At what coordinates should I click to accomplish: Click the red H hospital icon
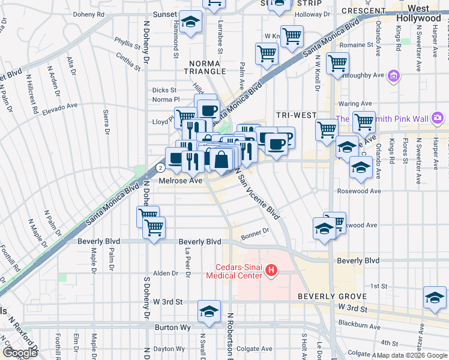(271, 271)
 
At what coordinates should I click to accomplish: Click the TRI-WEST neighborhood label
(292, 115)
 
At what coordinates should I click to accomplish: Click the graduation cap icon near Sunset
(191, 23)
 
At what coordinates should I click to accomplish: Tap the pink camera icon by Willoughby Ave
(394, 76)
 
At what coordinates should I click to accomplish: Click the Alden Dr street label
(166, 273)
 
